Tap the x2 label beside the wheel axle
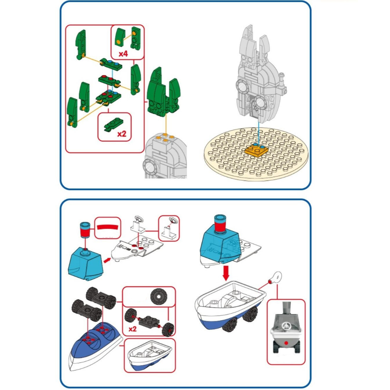(x=132, y=329)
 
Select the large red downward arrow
(x=226, y=272)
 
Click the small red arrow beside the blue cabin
(x=108, y=260)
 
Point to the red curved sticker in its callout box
(x=107, y=227)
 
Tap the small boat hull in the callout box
(x=150, y=355)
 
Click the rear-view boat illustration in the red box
(x=286, y=331)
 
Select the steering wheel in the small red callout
(x=174, y=220)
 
